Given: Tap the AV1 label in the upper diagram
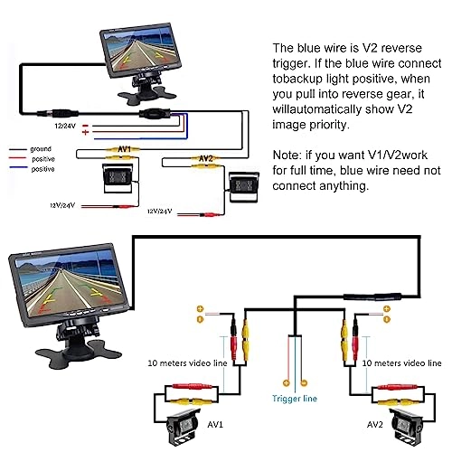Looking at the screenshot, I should tap(124, 147).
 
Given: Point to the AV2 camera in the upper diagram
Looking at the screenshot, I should tap(243, 187).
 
